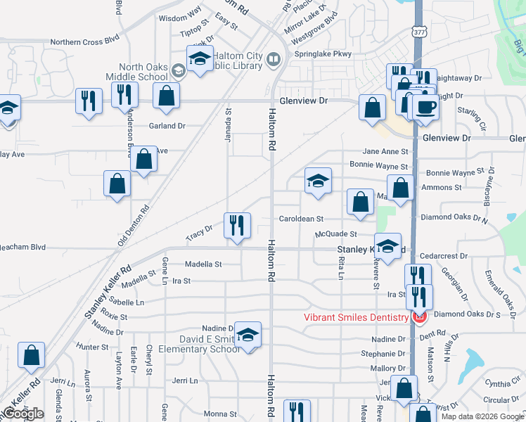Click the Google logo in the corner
click(x=23, y=414)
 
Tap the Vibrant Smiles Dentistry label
click(x=356, y=317)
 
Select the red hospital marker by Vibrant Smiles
click(x=420, y=318)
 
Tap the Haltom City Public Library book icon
click(x=274, y=59)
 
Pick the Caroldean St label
click(x=301, y=219)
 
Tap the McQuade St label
click(x=336, y=234)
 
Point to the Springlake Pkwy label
click(x=322, y=54)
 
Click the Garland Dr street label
click(x=167, y=126)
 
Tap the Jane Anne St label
click(x=385, y=151)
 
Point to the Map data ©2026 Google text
click(x=481, y=416)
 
